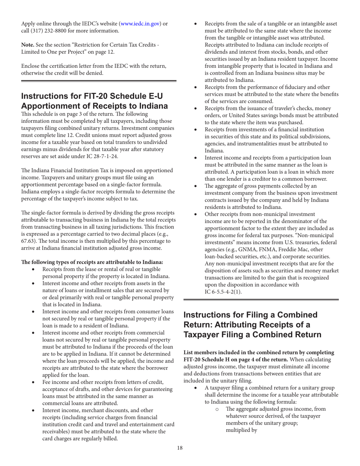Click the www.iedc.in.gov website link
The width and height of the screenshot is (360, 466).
[139, 24]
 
